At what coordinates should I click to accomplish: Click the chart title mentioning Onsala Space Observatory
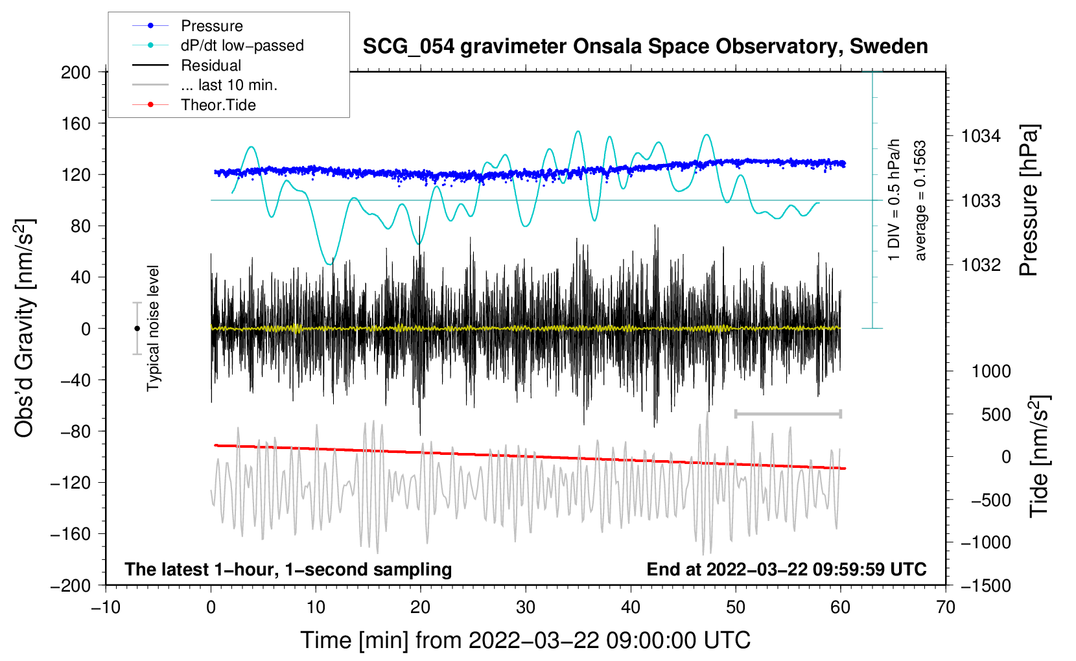click(645, 47)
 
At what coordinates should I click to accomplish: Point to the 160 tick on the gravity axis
click(76, 123)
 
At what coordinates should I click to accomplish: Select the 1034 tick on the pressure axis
click(981, 136)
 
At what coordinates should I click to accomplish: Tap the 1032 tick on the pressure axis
click(981, 264)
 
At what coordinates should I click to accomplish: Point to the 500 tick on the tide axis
click(996, 415)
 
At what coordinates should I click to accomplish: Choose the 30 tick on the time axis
click(526, 607)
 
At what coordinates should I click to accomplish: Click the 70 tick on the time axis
click(946, 607)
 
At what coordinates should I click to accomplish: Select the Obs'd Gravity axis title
click(25, 328)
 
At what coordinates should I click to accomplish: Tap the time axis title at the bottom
click(525, 640)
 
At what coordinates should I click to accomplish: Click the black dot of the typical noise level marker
click(137, 329)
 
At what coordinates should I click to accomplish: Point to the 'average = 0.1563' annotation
click(920, 201)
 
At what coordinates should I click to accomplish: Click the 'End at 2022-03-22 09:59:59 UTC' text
click(786, 569)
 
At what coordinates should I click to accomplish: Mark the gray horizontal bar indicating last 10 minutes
click(788, 413)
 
